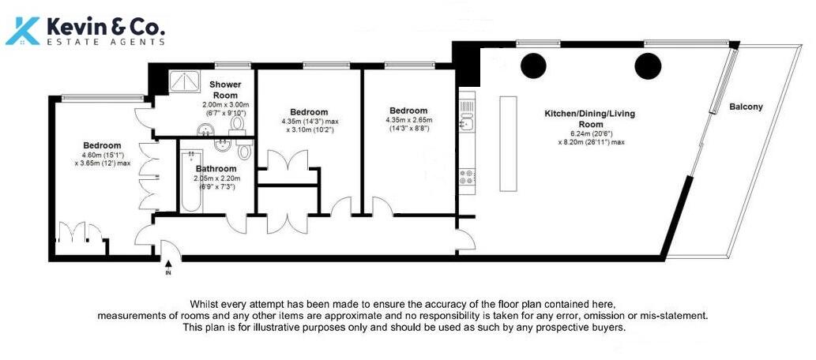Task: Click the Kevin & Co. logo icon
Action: [24, 29]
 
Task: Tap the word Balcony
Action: [746, 107]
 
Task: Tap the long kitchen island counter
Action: [507, 144]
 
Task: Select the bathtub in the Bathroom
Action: [190, 182]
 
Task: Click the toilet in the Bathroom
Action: [244, 152]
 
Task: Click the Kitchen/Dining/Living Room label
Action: [589, 119]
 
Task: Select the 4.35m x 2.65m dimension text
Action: [408, 120]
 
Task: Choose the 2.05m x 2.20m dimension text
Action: [216, 178]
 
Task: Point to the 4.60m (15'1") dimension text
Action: [103, 155]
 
